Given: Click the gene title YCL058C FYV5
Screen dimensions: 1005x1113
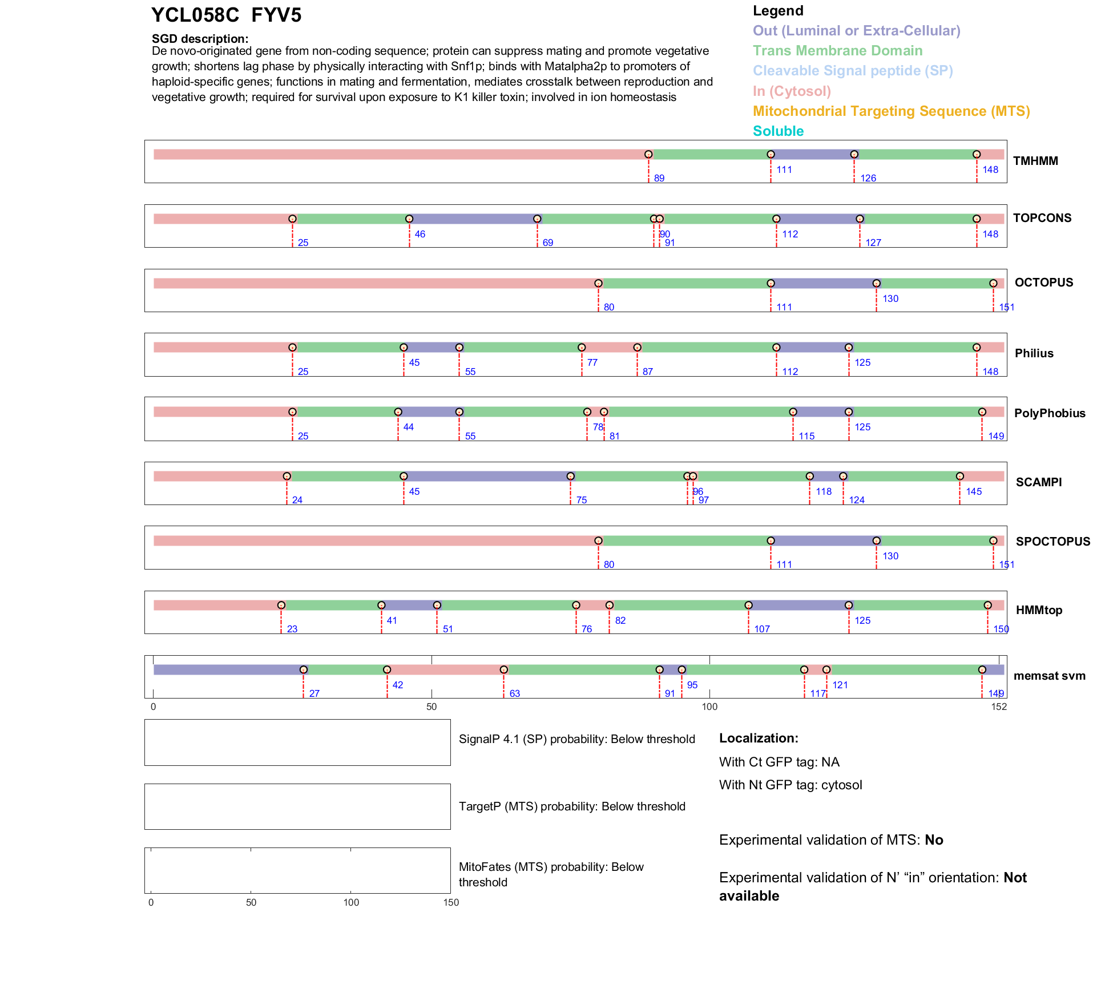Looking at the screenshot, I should tap(226, 15).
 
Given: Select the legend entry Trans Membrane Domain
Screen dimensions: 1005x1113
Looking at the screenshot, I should tap(837, 51).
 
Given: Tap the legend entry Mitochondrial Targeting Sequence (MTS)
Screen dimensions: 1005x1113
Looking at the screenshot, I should tap(891, 111).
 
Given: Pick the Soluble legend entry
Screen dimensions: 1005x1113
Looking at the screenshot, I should tap(778, 131).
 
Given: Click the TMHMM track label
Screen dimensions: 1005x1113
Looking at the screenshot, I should tap(1035, 161).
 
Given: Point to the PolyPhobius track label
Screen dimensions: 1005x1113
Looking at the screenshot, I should tap(1050, 413).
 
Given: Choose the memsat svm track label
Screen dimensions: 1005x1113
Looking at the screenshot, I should tap(1049, 676).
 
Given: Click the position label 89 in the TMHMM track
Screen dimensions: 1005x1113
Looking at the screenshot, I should tap(659, 178).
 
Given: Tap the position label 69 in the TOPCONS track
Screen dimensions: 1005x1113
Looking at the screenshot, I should tap(548, 243).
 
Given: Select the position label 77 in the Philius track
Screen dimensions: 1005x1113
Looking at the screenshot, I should tap(592, 362).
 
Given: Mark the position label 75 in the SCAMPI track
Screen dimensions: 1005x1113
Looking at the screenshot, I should tap(582, 500).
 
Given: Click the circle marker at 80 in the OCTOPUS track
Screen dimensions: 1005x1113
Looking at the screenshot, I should tap(598, 283).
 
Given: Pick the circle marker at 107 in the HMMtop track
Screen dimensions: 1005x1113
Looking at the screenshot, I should tap(748, 605).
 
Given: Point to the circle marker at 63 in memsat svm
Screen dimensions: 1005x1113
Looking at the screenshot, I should tap(503, 669).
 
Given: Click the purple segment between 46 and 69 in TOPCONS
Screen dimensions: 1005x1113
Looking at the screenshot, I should tap(473, 219).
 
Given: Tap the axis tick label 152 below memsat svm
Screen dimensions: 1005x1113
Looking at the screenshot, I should tap(999, 707).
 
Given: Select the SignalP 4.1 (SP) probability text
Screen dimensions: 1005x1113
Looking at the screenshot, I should tap(576, 739).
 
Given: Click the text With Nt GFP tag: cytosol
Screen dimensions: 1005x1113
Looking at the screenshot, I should tap(791, 785).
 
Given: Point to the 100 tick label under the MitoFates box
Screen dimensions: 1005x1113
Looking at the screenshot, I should tap(351, 902).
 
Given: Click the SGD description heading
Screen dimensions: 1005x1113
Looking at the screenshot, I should tap(200, 39).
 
